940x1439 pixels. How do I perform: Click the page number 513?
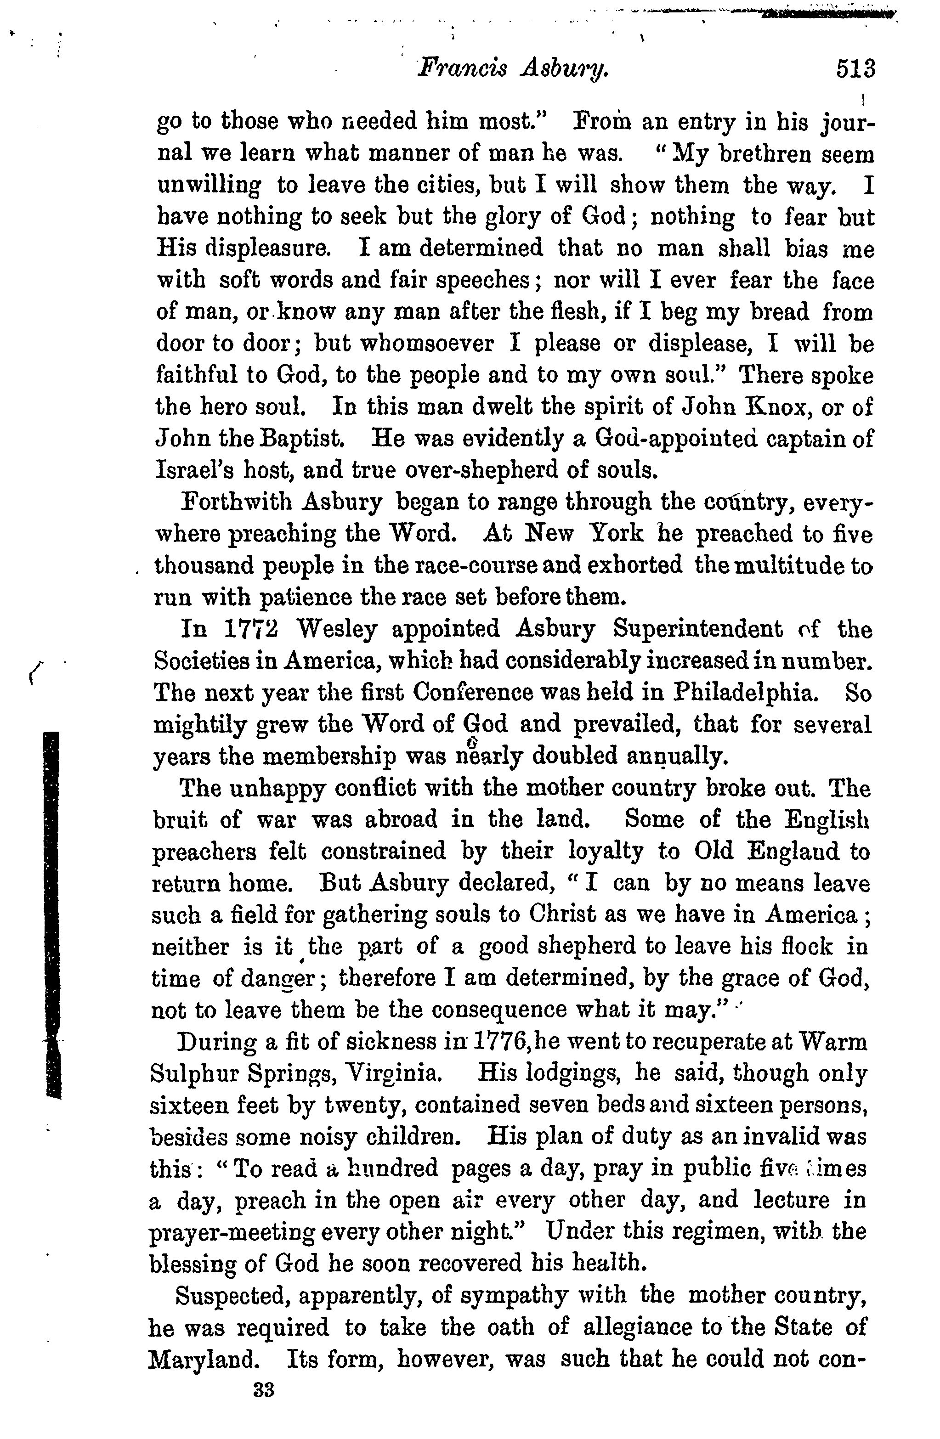(855, 69)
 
